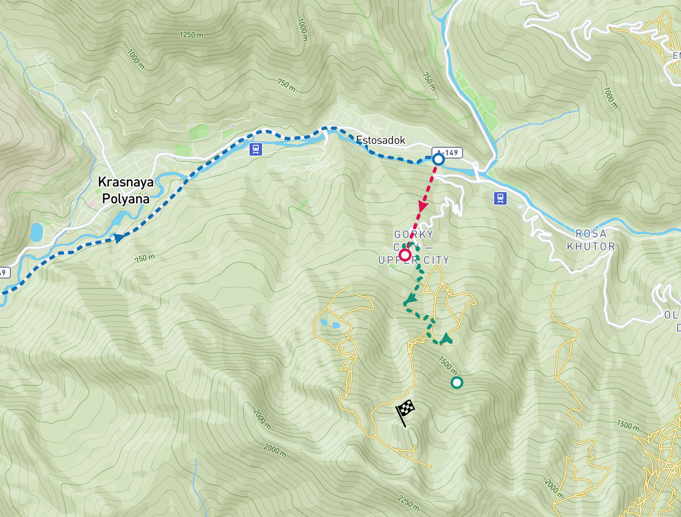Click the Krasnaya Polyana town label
tap(123, 190)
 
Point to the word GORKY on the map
tap(414, 235)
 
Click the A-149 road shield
tap(447, 152)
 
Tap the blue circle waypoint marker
tap(438, 160)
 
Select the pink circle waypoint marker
tap(405, 255)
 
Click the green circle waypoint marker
tap(456, 383)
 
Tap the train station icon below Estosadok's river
tap(257, 149)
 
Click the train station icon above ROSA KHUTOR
tap(500, 198)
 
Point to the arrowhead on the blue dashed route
tap(120, 238)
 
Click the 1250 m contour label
tap(191, 35)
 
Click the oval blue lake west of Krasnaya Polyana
tap(37, 231)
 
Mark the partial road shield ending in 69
tap(3, 273)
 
